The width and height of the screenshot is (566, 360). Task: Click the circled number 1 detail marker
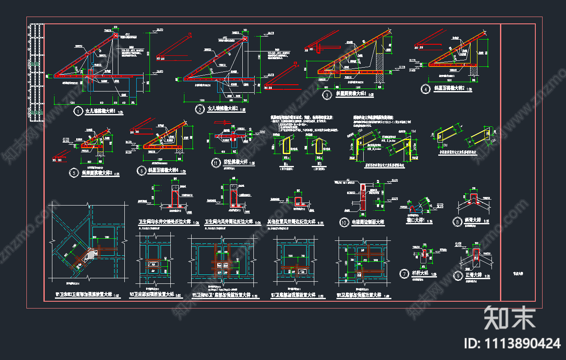(78, 111)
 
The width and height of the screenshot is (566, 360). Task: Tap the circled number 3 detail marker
(327, 95)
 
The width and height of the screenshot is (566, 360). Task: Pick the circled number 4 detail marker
(425, 89)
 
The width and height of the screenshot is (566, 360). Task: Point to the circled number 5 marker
(75, 173)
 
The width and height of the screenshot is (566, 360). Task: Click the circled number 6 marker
(141, 171)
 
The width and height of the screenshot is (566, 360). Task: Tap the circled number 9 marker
(458, 275)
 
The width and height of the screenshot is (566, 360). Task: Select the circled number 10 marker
(344, 222)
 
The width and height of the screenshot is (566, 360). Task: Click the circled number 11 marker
(216, 163)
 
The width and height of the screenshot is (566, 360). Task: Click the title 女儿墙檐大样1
(101, 111)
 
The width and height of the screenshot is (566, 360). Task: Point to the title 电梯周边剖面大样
(368, 222)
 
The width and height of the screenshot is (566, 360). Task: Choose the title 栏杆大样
(420, 273)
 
